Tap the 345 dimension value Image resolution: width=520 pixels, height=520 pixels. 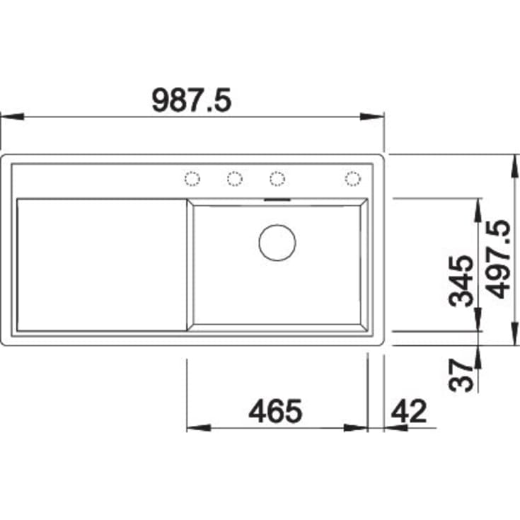[462, 279]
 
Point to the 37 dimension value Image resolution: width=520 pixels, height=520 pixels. [461, 375]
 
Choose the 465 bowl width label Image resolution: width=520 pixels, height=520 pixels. [276, 411]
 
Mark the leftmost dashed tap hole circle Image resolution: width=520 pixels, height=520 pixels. [192, 179]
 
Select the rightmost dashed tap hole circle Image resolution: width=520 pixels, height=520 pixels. [352, 179]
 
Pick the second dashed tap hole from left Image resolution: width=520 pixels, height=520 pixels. [235, 179]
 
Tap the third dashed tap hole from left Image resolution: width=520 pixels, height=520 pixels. [277, 179]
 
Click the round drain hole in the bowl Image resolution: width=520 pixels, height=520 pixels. [277, 242]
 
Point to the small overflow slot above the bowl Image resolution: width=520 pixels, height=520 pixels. [277, 199]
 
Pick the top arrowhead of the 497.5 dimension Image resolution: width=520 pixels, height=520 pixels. [512, 162]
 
